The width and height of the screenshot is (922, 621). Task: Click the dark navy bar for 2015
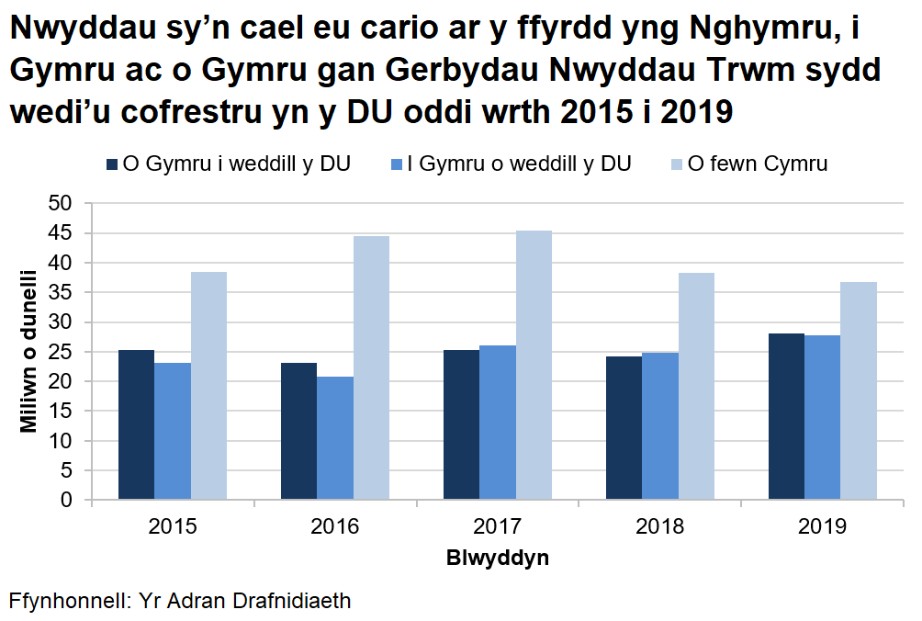coord(136,424)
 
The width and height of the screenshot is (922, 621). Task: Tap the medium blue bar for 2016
coord(335,438)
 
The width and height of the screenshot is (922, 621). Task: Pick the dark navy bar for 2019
coord(786,416)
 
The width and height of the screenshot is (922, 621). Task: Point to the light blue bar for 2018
coord(696,386)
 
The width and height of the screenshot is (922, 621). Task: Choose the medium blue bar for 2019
coord(822,417)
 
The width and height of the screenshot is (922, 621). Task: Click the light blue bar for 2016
coord(371,367)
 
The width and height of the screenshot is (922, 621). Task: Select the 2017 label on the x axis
coord(497,527)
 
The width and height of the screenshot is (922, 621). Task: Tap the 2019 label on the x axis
coord(822,527)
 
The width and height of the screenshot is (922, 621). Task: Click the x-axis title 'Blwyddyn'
coord(498,558)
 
